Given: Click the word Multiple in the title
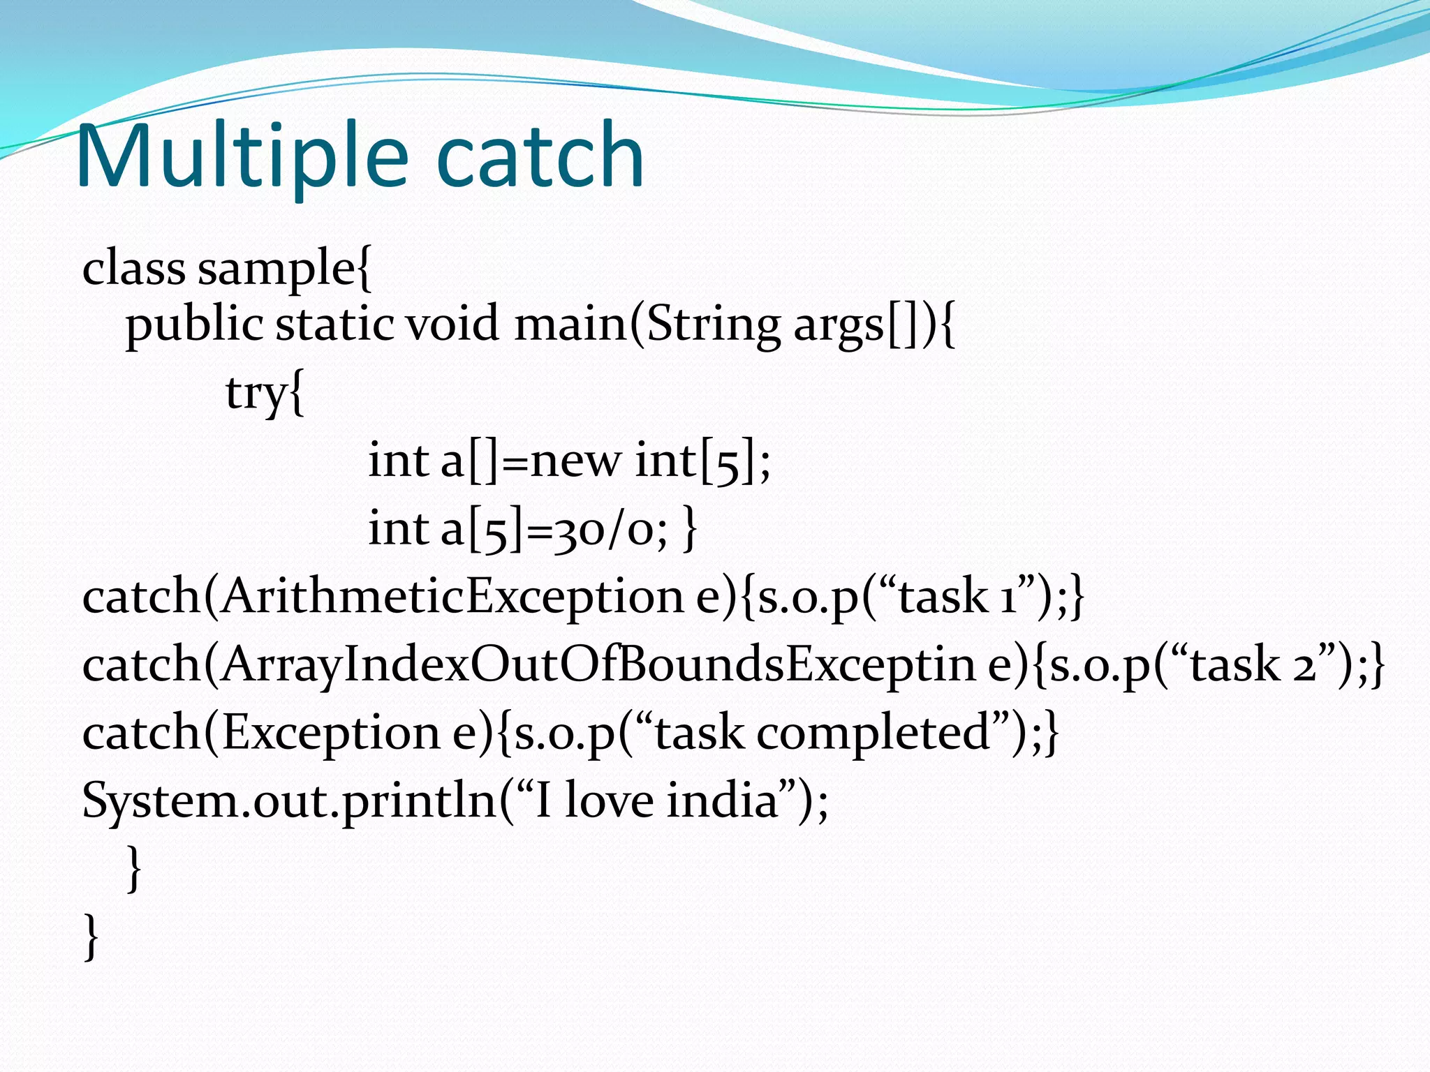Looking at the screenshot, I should point(242,156).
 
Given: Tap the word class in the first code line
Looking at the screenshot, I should point(133,268).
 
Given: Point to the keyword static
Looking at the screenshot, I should point(334,325).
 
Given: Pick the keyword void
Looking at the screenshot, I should point(452,325).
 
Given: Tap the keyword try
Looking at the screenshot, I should point(256,393).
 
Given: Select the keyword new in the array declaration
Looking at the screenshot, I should point(575,461).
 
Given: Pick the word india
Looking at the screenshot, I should point(722,801).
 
